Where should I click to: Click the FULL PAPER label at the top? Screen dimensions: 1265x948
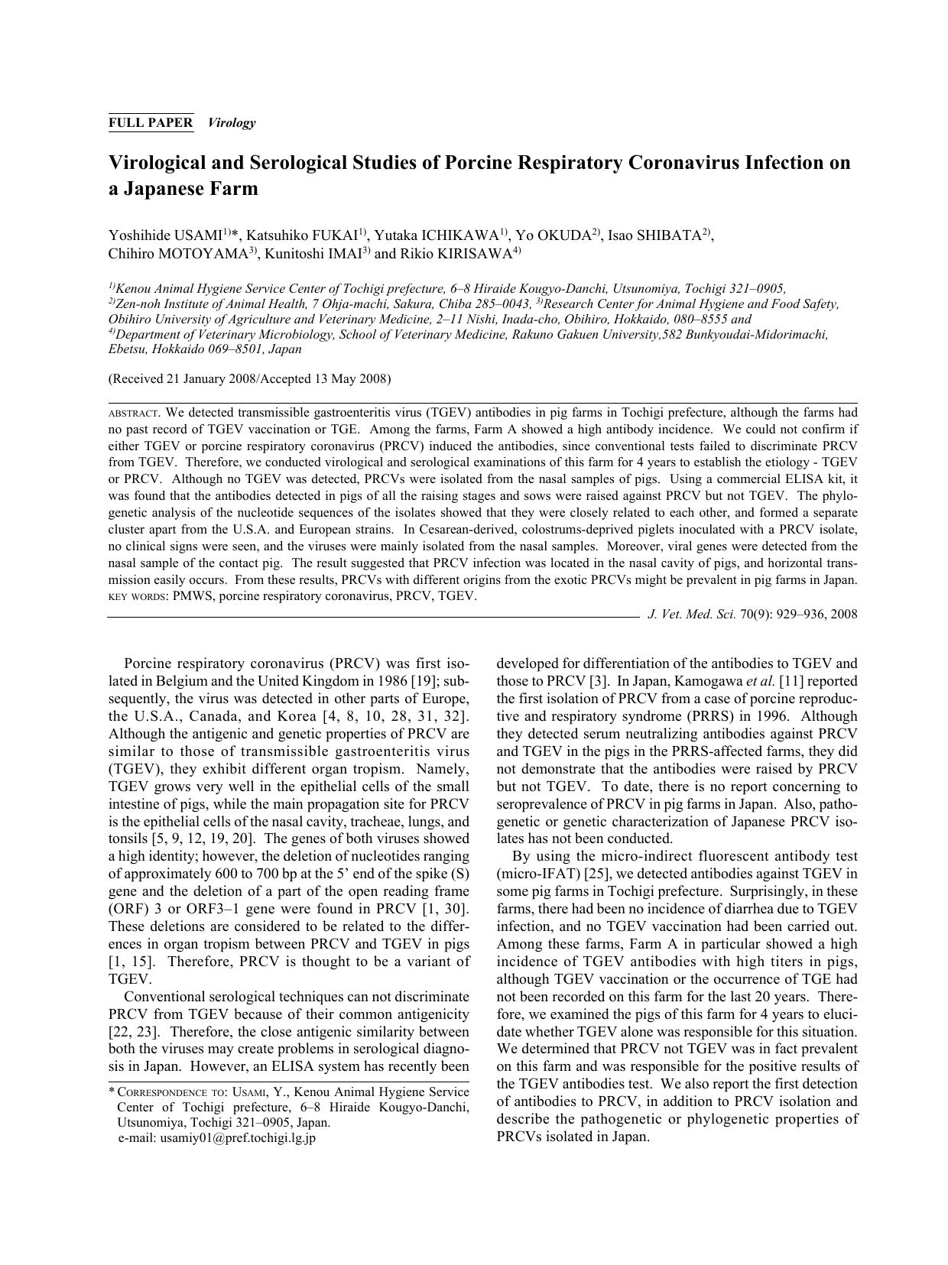pos(151,122)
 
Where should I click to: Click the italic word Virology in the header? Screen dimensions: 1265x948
pos(232,122)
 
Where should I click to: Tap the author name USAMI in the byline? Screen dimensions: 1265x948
pos(196,235)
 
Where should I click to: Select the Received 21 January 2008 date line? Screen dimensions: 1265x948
pos(249,378)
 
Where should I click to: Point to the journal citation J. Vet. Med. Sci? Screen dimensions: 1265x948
pos(692,614)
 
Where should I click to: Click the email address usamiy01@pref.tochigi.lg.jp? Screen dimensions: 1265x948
pos(239,1138)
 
